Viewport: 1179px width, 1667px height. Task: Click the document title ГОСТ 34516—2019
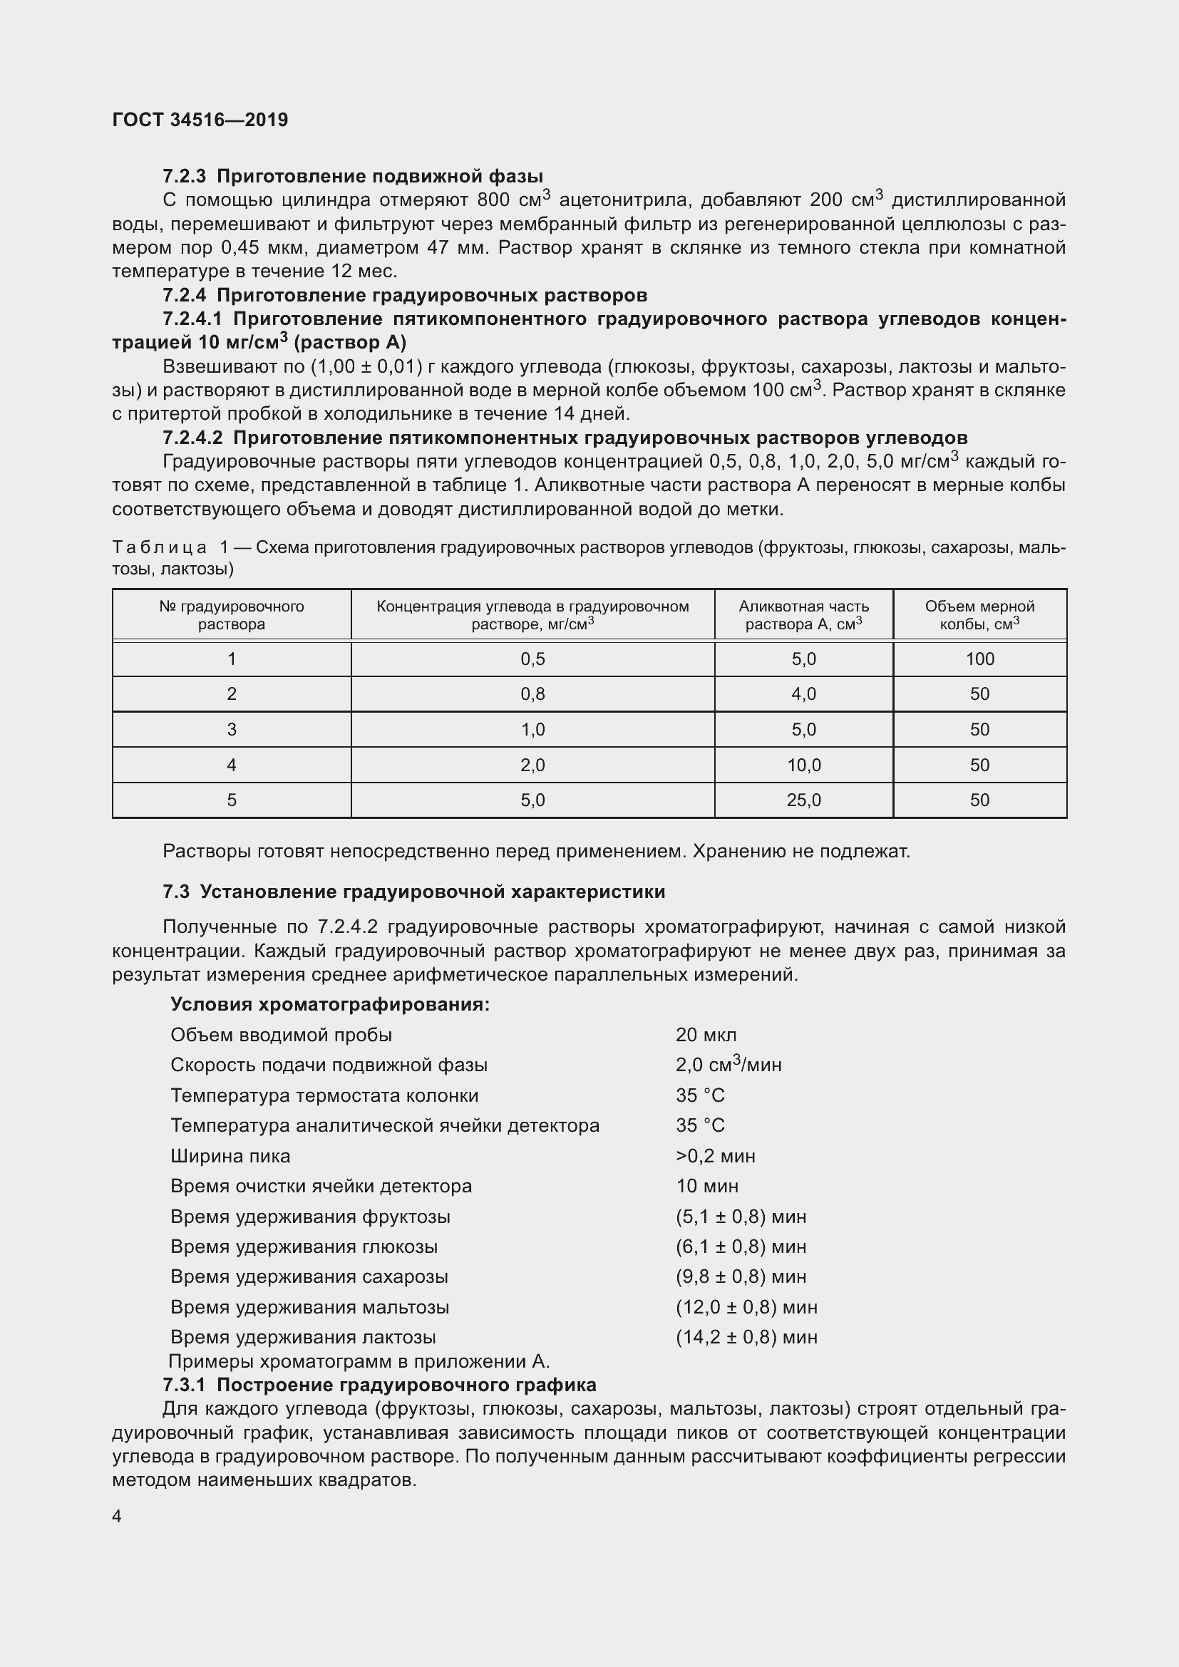pyautogui.click(x=200, y=120)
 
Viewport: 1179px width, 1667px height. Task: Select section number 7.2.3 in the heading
pyautogui.click(x=185, y=177)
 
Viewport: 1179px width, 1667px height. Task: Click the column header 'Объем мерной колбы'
pyautogui.click(x=979, y=615)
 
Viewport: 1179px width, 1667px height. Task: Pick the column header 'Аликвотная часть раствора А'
pyautogui.click(x=803, y=615)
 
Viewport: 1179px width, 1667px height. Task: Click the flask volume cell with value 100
pyautogui.click(x=979, y=659)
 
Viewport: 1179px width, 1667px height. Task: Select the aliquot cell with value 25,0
pyautogui.click(x=803, y=800)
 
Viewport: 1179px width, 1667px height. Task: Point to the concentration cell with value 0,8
pyautogui.click(x=532, y=694)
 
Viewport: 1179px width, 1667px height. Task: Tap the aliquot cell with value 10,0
pyautogui.click(x=803, y=765)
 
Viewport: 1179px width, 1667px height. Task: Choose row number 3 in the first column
pyautogui.click(x=232, y=730)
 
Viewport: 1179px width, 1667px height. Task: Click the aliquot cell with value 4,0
pyautogui.click(x=803, y=694)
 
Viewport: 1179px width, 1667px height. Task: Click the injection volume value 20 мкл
pyautogui.click(x=706, y=1036)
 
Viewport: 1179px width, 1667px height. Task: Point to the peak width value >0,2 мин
pyautogui.click(x=715, y=1156)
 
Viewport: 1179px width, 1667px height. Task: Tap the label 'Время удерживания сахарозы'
pyautogui.click(x=309, y=1276)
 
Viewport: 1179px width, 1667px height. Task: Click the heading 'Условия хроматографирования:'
pyautogui.click(x=329, y=1004)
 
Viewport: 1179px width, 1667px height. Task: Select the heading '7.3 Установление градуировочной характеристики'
pyautogui.click(x=414, y=892)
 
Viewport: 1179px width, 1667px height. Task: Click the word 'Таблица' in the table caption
pyautogui.click(x=159, y=547)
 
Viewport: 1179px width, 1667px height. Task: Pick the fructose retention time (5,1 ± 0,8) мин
pyautogui.click(x=741, y=1216)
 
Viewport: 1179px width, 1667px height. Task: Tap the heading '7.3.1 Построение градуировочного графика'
pyautogui.click(x=379, y=1385)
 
